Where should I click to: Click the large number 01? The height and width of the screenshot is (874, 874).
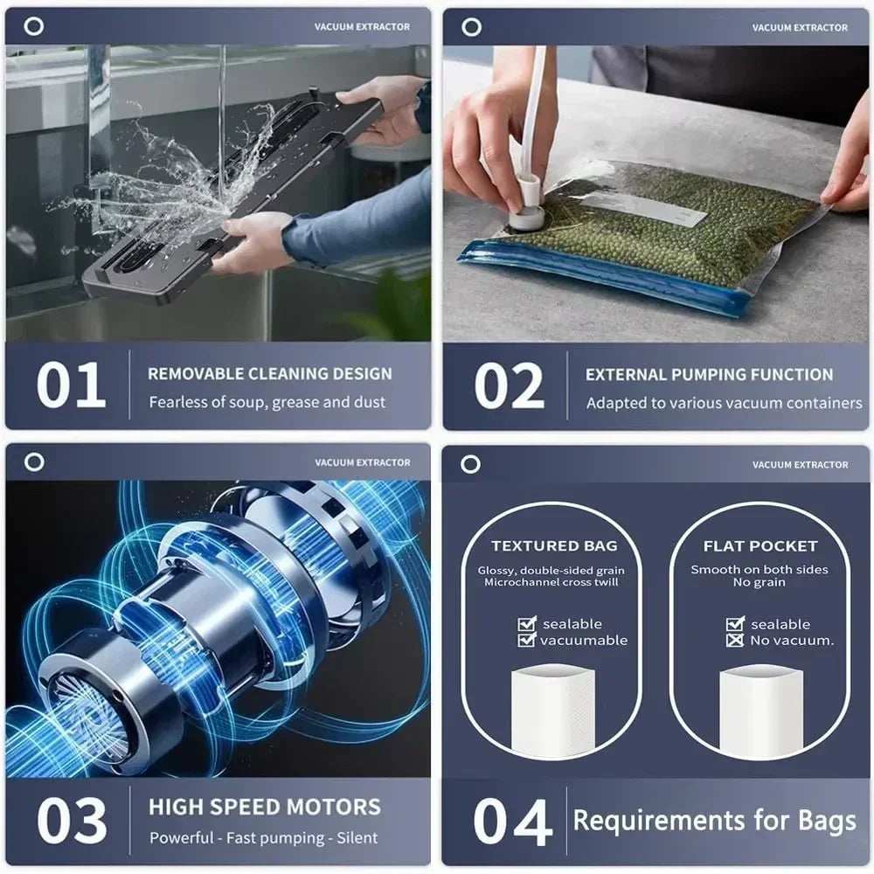[71, 385]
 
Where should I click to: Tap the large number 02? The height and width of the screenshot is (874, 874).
[510, 385]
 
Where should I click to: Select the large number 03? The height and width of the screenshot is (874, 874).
[72, 821]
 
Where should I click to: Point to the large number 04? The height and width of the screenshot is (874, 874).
[513, 822]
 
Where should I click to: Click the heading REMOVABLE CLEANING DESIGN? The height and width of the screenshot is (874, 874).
[269, 374]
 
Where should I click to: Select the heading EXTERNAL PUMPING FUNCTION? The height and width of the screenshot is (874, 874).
[709, 375]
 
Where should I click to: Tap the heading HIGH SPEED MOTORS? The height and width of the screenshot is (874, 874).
[264, 807]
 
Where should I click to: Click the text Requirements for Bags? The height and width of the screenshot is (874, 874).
[714, 822]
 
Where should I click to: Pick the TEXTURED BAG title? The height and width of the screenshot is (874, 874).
[554, 546]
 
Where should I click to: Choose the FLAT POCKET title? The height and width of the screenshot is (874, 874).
[760, 546]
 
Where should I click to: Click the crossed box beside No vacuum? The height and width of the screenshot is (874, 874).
[735, 641]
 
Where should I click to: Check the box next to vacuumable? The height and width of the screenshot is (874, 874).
[527, 641]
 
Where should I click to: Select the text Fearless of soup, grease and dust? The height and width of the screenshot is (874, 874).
[267, 403]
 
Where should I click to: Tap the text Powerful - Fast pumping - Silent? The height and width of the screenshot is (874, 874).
[263, 837]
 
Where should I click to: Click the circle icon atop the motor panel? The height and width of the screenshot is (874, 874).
[34, 462]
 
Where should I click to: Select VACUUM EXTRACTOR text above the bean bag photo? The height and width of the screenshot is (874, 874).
[799, 28]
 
